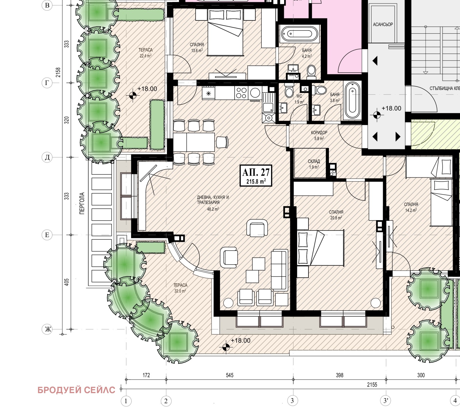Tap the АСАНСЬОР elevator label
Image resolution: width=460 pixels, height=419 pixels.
pyautogui.click(x=383, y=24)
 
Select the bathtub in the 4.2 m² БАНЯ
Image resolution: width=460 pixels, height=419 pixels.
pyautogui.click(x=299, y=34)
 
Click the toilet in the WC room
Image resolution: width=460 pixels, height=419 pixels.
pyautogui.click(x=289, y=91)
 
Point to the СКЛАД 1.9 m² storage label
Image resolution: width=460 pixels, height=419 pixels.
pyautogui.click(x=314, y=164)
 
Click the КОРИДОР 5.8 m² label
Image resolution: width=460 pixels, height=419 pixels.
pyautogui.click(x=319, y=135)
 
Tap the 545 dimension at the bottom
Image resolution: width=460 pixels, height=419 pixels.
pyautogui.click(x=230, y=375)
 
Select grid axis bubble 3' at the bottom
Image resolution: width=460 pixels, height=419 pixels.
pyautogui.click(x=386, y=401)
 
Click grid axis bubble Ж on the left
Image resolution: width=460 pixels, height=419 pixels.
pyautogui.click(x=47, y=329)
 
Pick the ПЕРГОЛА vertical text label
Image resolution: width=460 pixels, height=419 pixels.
pyautogui.click(x=82, y=203)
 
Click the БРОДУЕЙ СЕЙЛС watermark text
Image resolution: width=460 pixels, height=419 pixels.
pyautogui.click(x=76, y=390)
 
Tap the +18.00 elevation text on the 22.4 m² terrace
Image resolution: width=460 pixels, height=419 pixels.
pyautogui.click(x=147, y=89)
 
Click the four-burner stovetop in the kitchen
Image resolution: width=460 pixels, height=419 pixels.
pyautogui.click(x=241, y=93)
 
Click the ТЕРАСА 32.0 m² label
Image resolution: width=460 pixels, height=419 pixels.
pyautogui.click(x=180, y=288)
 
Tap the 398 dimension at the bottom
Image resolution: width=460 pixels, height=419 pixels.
pyautogui.click(x=340, y=375)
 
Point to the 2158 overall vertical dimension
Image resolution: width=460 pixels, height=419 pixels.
pyautogui.click(x=58, y=72)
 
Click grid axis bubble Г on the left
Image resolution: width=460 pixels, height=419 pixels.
pyautogui.click(x=47, y=83)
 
